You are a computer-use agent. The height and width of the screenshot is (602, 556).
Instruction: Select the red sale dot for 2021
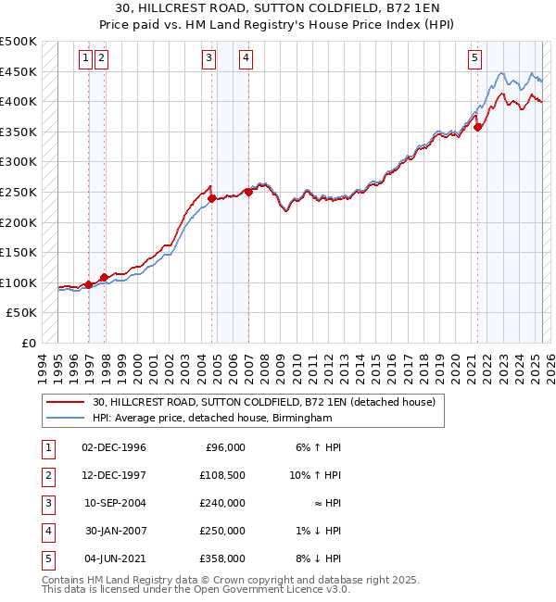tap(478, 128)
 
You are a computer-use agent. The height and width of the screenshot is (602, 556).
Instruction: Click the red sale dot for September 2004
tap(212, 198)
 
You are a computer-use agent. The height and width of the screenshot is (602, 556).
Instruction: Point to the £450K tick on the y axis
tap(19, 71)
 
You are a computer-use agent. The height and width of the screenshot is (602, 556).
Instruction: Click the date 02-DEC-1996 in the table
tap(114, 447)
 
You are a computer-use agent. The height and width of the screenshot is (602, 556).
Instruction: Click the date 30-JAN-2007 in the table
tap(114, 531)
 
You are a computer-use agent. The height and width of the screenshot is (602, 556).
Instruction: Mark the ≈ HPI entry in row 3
tap(327, 503)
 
